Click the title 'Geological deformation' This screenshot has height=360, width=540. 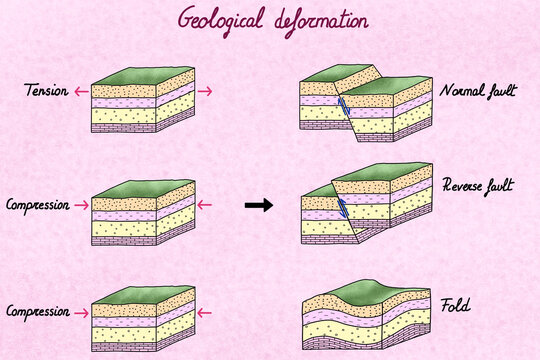point(271,19)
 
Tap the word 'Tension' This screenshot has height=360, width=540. point(46,92)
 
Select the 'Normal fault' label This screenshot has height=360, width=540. point(478,92)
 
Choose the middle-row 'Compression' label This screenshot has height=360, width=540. point(36,205)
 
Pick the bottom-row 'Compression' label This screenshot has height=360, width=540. point(36,311)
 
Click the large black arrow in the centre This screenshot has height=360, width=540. point(259,205)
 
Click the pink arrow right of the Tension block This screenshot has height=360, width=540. point(205,92)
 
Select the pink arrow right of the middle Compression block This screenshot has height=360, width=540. point(205,205)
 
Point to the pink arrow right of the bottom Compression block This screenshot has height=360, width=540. point(205,311)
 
